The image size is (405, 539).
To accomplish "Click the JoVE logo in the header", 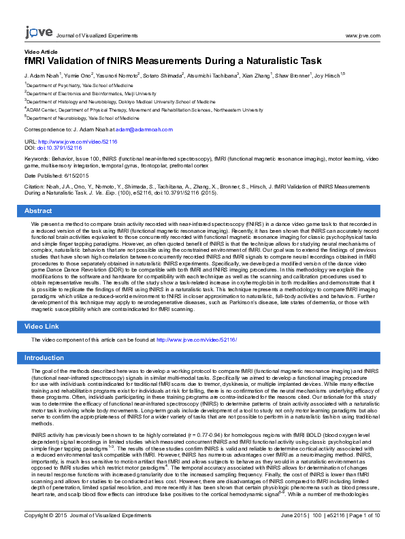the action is tap(38, 32).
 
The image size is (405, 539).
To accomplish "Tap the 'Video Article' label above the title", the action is tap(41, 52).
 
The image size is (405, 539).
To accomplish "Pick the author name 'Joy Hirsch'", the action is tap(327, 76).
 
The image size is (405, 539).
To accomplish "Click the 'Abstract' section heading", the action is tap(39, 211).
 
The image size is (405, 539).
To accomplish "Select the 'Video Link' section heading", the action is tap(42, 327).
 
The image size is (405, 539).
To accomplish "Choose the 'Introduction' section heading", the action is tap(44, 357).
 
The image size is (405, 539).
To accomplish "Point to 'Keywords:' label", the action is tap(37, 158).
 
